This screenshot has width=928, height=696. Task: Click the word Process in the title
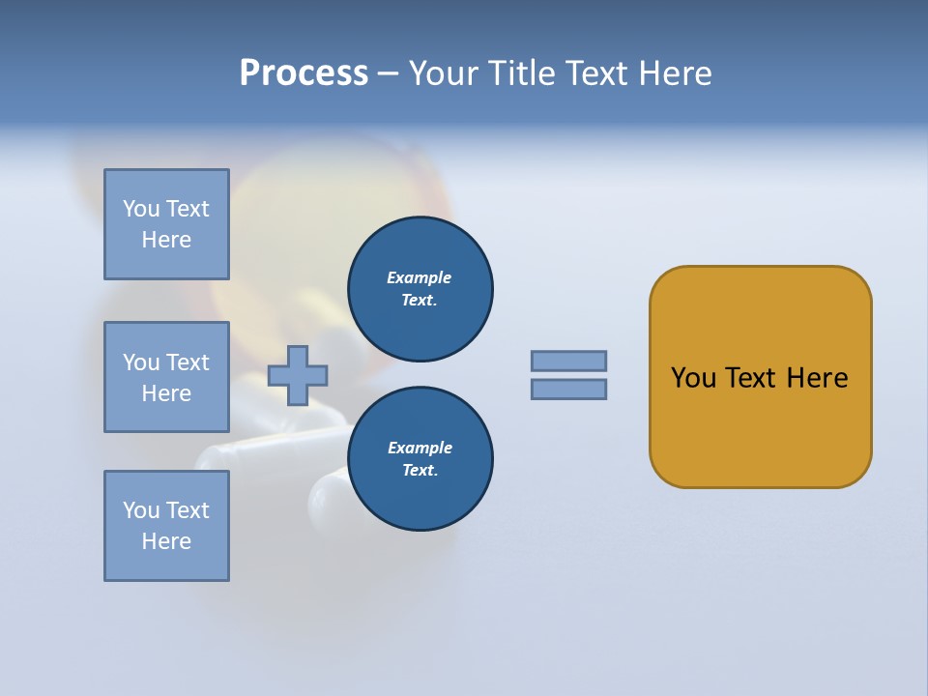[x=304, y=73]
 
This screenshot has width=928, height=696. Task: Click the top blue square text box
[x=166, y=224]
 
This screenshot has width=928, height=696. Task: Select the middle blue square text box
[x=166, y=377]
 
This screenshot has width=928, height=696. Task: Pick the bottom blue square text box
[x=166, y=526]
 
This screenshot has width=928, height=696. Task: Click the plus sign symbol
[x=298, y=375]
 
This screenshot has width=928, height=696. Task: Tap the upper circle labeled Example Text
[x=420, y=289]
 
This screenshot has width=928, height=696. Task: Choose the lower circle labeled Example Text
[x=420, y=459]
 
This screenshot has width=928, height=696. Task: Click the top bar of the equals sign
[x=568, y=361]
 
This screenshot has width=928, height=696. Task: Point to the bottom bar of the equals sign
[x=568, y=389]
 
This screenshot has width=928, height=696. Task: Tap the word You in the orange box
[x=694, y=378]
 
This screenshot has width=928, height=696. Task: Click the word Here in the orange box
[x=817, y=378]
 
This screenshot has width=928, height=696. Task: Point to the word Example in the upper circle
[x=420, y=277]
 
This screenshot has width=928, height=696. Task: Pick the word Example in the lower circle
[x=420, y=448]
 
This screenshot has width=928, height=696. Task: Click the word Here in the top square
[x=166, y=240]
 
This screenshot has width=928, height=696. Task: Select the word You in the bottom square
[x=141, y=510]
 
